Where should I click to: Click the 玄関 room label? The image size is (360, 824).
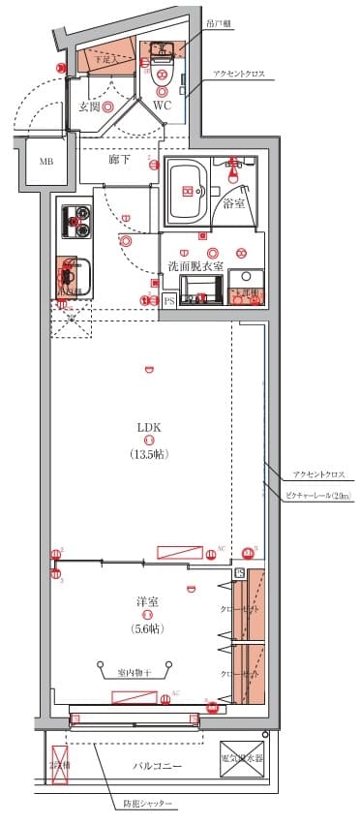click(90, 106)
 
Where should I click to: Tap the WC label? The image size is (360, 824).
click(162, 106)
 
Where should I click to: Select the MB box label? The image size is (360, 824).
click(46, 162)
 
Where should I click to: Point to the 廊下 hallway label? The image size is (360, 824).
click(120, 158)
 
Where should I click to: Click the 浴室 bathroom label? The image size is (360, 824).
click(234, 203)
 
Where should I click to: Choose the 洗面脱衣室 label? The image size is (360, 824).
click(195, 264)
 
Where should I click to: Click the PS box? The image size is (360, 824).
click(169, 301)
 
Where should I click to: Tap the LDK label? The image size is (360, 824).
click(148, 426)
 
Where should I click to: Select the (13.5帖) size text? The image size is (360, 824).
click(148, 453)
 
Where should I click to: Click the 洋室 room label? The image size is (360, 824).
click(147, 602)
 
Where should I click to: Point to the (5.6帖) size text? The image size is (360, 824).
click(147, 627)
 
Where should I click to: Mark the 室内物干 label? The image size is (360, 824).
click(135, 672)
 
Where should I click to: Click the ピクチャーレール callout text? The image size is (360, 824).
click(318, 496)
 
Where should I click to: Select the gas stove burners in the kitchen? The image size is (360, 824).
click(75, 224)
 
